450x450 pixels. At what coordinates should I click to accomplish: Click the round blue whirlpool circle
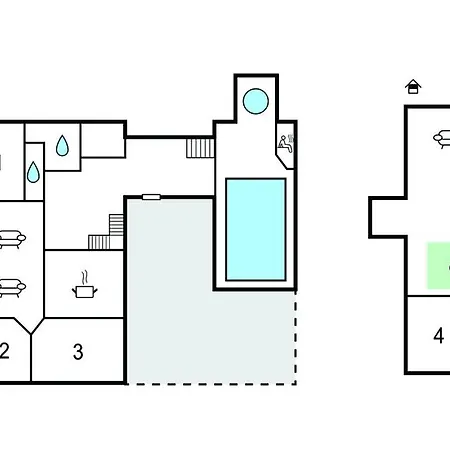point(256,101)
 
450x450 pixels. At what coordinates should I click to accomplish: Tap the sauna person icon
point(286,144)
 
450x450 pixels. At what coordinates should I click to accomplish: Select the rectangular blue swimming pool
point(256,230)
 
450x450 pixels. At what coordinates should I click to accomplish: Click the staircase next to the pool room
point(200,148)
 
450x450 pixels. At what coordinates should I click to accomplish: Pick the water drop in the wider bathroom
point(62,146)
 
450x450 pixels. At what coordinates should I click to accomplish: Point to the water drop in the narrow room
point(33,172)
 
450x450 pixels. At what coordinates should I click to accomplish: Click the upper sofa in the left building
point(12,239)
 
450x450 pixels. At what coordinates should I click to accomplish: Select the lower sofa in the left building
point(12,288)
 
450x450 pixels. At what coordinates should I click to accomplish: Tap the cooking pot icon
point(85,291)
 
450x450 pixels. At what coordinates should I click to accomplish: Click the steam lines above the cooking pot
point(85,277)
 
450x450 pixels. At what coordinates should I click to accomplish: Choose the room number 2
point(4,351)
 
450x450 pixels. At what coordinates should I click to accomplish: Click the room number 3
point(78,352)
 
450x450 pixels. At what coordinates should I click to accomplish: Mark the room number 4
point(439,336)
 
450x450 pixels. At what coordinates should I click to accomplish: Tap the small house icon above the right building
point(413,87)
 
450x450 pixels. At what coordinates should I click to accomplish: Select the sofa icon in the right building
point(442,139)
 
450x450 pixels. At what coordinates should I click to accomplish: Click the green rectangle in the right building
point(439,266)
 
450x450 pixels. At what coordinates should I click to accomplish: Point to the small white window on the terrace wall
point(151,197)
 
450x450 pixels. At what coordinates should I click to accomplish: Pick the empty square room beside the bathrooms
point(103,140)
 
